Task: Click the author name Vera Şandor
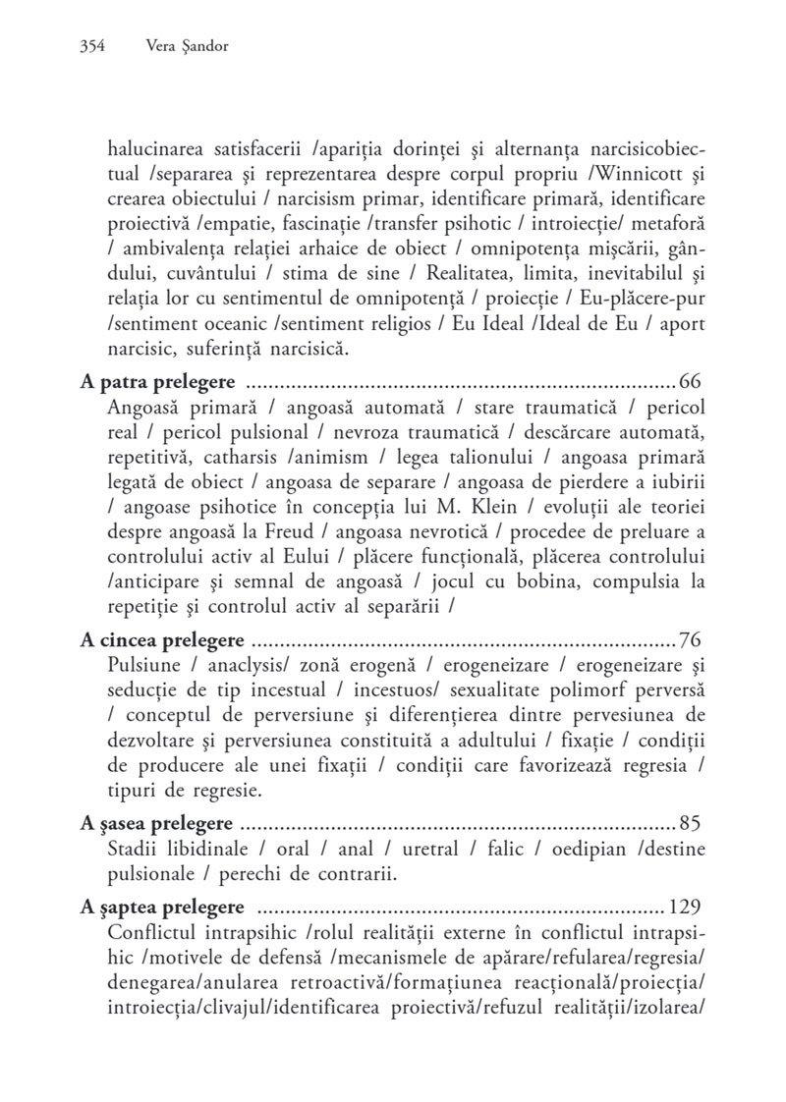click(186, 45)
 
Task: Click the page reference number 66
click(690, 380)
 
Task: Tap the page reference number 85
click(690, 823)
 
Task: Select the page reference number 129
click(685, 905)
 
